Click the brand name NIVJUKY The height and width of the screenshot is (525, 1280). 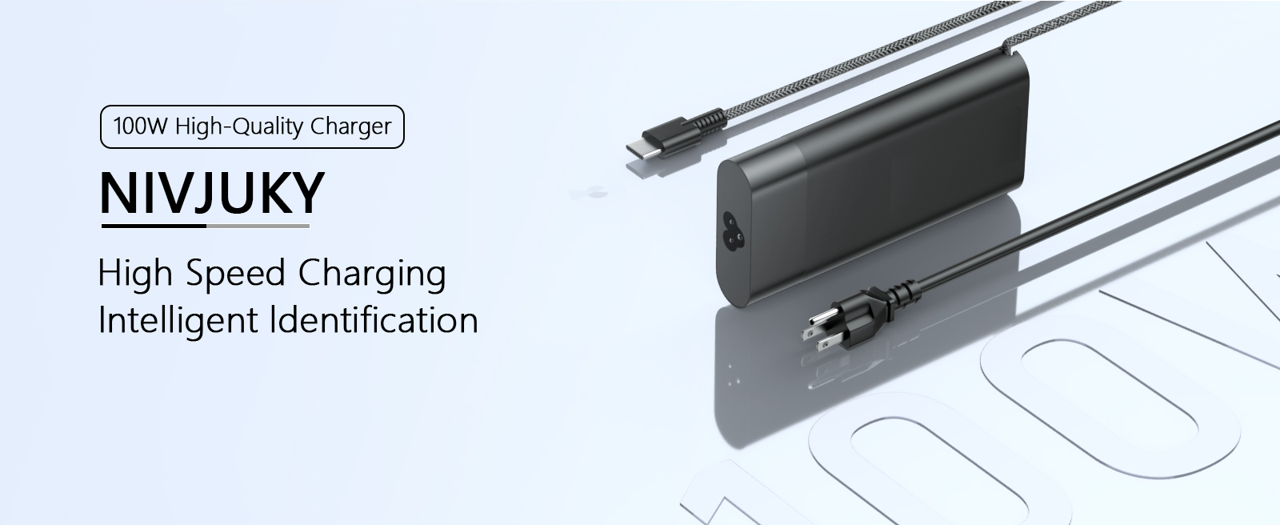pyautogui.click(x=212, y=193)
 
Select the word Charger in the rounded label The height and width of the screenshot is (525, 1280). pyautogui.click(x=351, y=127)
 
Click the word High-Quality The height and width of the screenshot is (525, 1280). pyautogui.click(x=239, y=127)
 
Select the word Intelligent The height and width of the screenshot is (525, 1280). pyautogui.click(x=178, y=321)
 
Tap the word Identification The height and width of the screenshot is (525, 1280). pyautogui.click(x=374, y=319)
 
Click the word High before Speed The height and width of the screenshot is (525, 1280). pyautogui.click(x=135, y=273)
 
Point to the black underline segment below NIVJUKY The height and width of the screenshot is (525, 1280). pyautogui.click(x=154, y=226)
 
